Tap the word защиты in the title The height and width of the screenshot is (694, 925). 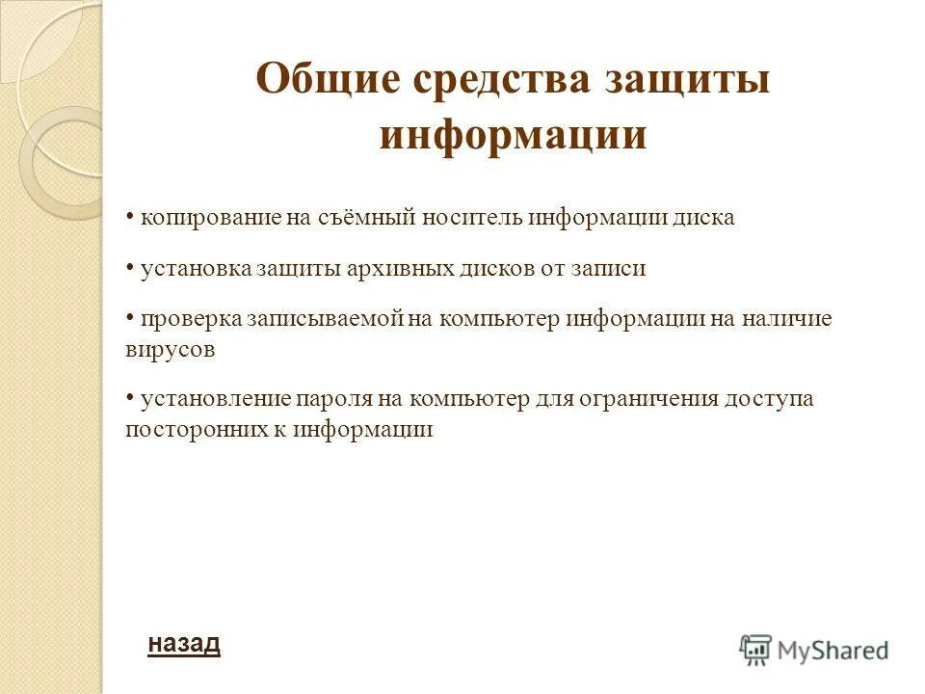687,79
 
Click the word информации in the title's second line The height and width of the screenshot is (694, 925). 513,134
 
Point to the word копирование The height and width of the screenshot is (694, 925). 211,217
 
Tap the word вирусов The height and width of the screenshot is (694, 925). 170,349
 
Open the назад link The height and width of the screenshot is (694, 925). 184,643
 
